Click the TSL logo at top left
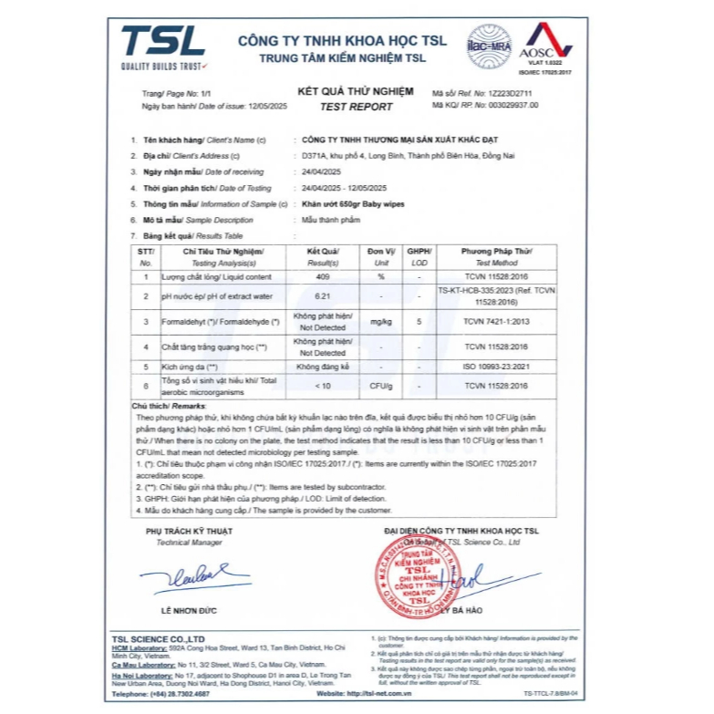pos(163,46)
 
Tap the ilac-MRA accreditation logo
pos(489,45)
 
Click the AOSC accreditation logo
pos(544,47)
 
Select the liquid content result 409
pos(323,276)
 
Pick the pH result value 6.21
pos(323,296)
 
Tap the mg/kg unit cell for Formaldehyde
pos(381,321)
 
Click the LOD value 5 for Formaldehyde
pos(418,321)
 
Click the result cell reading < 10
pos(323,387)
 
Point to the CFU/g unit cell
pos(381,387)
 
